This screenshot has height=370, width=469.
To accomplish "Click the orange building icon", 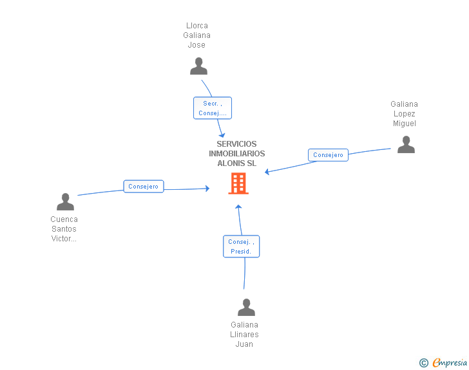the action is (x=238, y=183).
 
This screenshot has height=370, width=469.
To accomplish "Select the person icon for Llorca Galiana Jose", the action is (x=198, y=66).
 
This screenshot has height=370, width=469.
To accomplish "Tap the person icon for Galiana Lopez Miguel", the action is (x=406, y=144).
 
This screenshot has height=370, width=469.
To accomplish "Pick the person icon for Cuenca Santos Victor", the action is (x=65, y=202).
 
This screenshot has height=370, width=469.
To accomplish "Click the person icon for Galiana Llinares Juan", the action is (x=246, y=307).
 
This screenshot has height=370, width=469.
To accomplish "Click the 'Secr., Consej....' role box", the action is (x=213, y=108).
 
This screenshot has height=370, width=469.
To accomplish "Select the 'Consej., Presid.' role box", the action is (x=241, y=246).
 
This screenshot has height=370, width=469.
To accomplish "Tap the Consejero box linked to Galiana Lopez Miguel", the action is (x=328, y=155).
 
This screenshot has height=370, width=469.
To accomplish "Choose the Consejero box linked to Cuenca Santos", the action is (x=144, y=186).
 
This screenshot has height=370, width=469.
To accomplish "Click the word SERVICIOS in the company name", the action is (x=236, y=144).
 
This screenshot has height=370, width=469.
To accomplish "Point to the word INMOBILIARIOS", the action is (x=237, y=154).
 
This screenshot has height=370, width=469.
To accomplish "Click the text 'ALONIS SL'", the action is (x=237, y=163).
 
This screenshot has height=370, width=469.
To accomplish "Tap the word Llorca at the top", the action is (x=197, y=25).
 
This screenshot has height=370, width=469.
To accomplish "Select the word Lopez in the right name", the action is (x=404, y=114).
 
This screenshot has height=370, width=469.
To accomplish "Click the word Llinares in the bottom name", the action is (x=244, y=335).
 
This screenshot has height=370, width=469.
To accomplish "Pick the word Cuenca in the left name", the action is (x=64, y=219).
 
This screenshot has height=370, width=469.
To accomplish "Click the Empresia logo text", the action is (x=450, y=362).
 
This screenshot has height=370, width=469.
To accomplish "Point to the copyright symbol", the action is (x=424, y=363).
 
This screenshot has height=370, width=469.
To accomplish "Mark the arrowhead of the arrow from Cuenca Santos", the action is (x=207, y=189).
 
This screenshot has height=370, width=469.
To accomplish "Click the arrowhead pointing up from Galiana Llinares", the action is (x=238, y=207).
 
